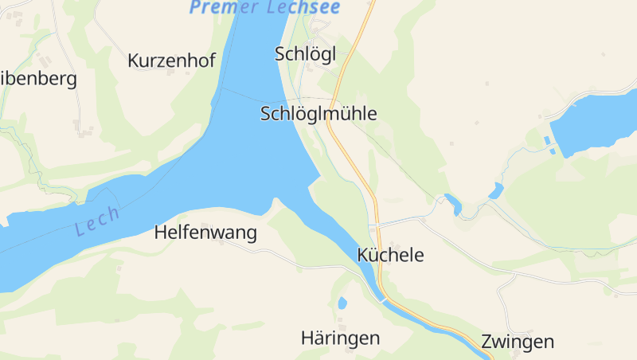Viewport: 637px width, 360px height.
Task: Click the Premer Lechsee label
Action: click(265, 7)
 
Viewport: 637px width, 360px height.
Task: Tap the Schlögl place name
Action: click(306, 53)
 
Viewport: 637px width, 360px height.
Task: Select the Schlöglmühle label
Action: click(318, 113)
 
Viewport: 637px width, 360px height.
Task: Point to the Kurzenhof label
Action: click(171, 61)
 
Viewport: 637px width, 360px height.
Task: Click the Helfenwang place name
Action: click(205, 233)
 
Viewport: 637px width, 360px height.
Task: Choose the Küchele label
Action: click(391, 255)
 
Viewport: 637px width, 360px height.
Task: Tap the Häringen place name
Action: click(340, 338)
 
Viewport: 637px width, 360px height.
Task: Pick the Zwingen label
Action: click(518, 342)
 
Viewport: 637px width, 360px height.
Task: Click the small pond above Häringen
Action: click(342, 303)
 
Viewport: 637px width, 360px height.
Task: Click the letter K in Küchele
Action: click(364, 255)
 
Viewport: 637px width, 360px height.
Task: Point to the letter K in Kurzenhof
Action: click(133, 61)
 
